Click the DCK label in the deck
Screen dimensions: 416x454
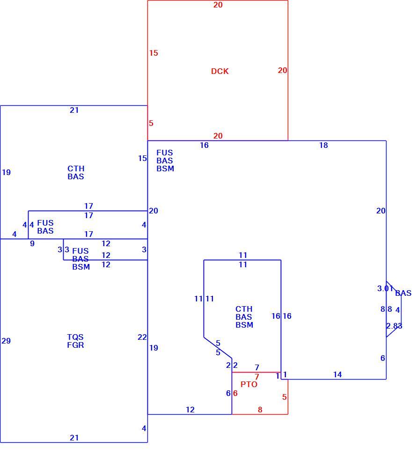pyautogui.click(x=220, y=71)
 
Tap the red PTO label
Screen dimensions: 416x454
pyautogui.click(x=249, y=384)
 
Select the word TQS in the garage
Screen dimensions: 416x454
pyautogui.click(x=75, y=337)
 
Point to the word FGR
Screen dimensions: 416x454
pyautogui.click(x=75, y=345)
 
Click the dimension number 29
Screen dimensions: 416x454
pyautogui.click(x=6, y=341)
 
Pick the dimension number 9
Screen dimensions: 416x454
pyautogui.click(x=32, y=243)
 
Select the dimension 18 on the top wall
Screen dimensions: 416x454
pyautogui.click(x=323, y=145)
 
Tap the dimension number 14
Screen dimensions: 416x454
pyautogui.click(x=337, y=374)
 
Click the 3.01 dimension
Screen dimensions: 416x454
pyautogui.click(x=385, y=288)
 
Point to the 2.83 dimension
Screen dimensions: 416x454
pyautogui.click(x=394, y=326)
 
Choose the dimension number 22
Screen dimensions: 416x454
pyautogui.click(x=142, y=337)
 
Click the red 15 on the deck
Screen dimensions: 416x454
pyautogui.click(x=154, y=53)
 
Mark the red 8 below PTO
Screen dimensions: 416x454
pyautogui.click(x=260, y=410)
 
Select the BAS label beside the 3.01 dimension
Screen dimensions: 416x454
pyautogui.click(x=403, y=293)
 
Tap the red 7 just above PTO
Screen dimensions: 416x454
pyautogui.click(x=257, y=377)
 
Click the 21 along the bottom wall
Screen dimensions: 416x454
pyautogui.click(x=74, y=438)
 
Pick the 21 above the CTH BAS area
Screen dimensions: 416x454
pyautogui.click(x=74, y=110)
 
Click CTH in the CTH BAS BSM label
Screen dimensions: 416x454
pyautogui.click(x=244, y=309)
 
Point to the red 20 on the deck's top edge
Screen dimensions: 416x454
pyautogui.click(x=218, y=5)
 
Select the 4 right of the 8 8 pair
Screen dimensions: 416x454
pyautogui.click(x=398, y=310)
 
